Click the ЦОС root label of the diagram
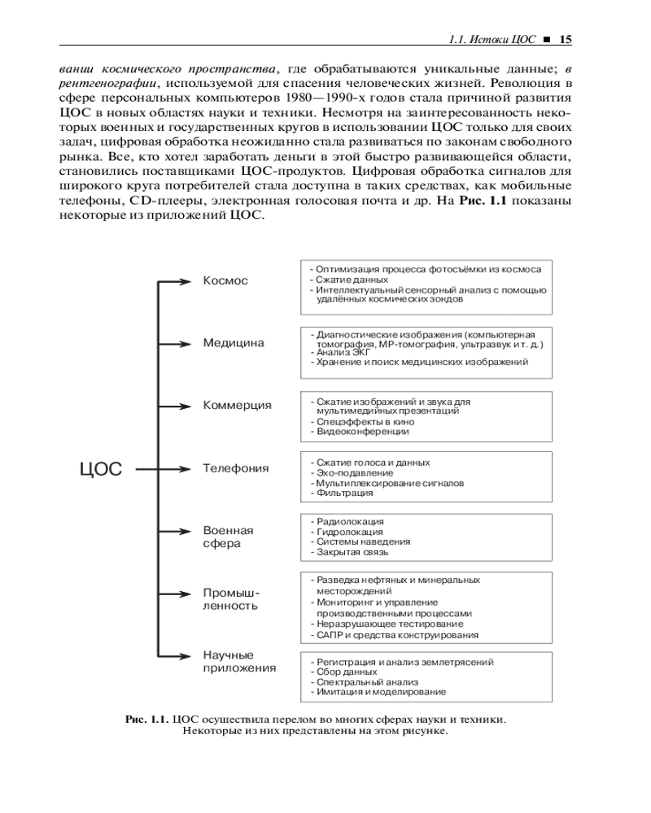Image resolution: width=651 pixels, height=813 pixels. pyautogui.click(x=101, y=469)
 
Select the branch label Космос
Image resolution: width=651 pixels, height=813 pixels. pyautogui.click(x=225, y=281)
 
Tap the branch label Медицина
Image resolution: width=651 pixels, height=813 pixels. pyautogui.click(x=234, y=343)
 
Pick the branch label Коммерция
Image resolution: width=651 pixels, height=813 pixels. pyautogui.click(x=237, y=406)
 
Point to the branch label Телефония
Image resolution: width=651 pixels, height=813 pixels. pyautogui.click(x=236, y=469)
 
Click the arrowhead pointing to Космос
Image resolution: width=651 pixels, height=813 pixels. pyautogui.click(x=186, y=281)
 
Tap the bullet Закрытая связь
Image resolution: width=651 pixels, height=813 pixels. pyautogui.click(x=352, y=552)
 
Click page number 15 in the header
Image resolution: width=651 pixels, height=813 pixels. pyautogui.click(x=566, y=37)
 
